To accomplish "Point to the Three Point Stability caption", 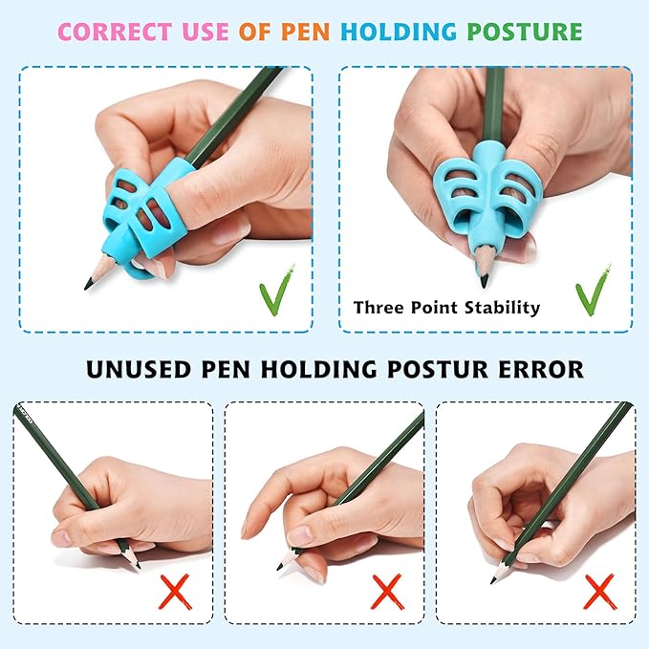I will [446, 308].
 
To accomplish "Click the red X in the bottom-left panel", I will [175, 593].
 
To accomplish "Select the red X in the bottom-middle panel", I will [387, 593].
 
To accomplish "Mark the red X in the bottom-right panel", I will [598, 593].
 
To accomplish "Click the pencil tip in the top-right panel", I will [484, 280].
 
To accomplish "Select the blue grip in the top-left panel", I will [143, 206].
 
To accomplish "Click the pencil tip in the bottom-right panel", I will [493, 578].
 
